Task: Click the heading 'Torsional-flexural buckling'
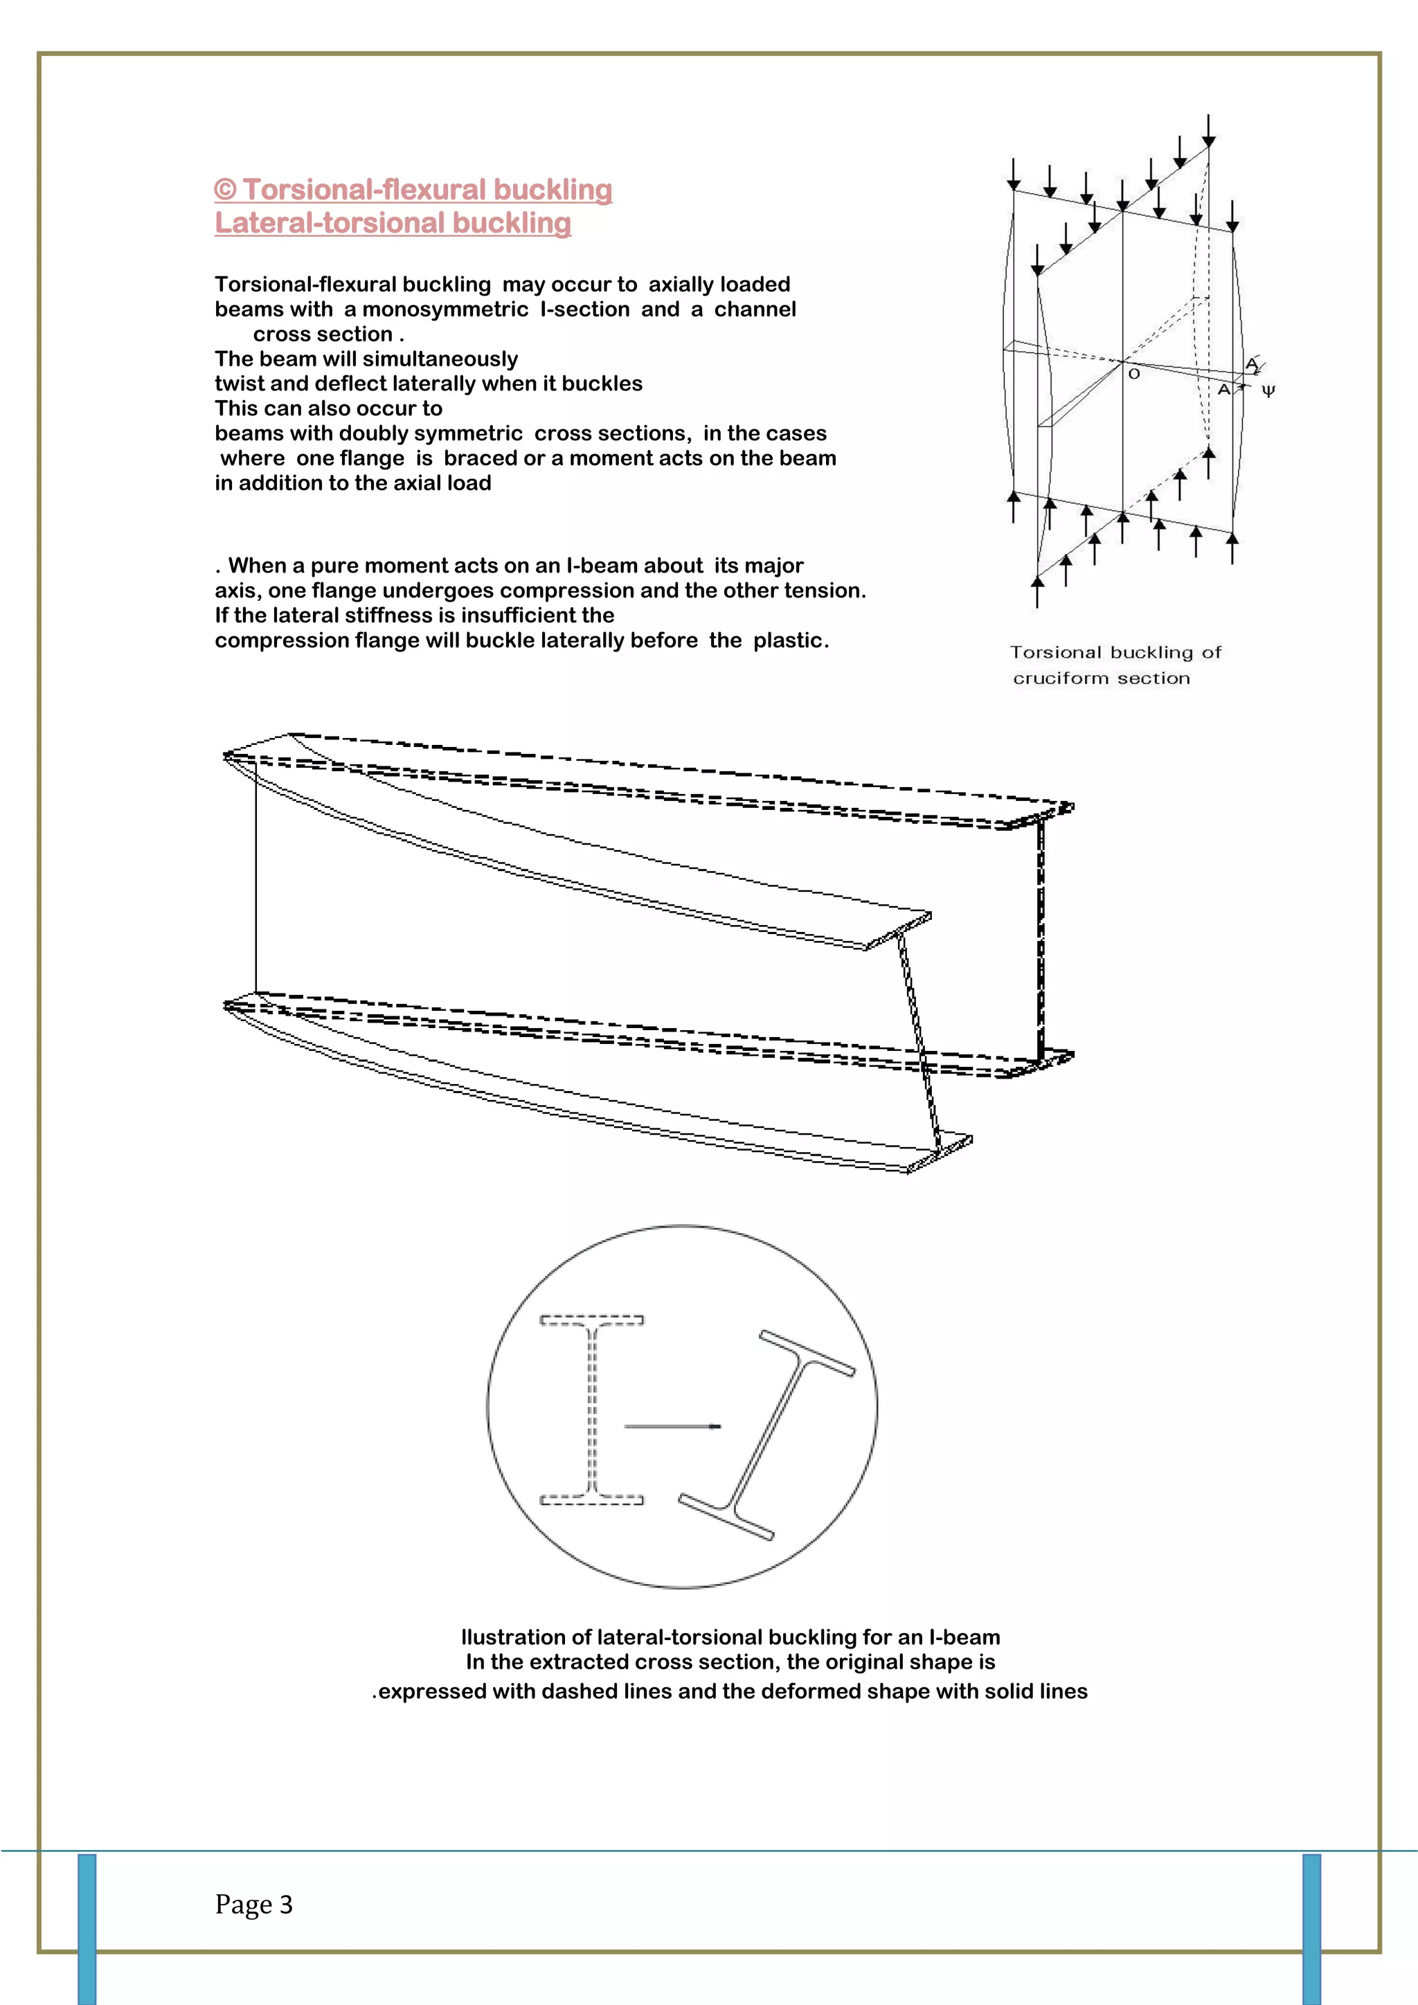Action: (x=426, y=190)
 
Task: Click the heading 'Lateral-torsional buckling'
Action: (x=393, y=223)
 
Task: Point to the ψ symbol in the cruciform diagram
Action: (x=1268, y=391)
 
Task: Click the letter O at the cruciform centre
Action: (x=1133, y=374)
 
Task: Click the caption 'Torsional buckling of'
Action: (x=1115, y=652)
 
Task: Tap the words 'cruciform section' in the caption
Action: (x=1101, y=678)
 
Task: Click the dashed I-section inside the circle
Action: (x=592, y=1410)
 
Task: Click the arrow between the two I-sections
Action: (x=672, y=1427)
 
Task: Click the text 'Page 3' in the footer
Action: (x=253, y=1904)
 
